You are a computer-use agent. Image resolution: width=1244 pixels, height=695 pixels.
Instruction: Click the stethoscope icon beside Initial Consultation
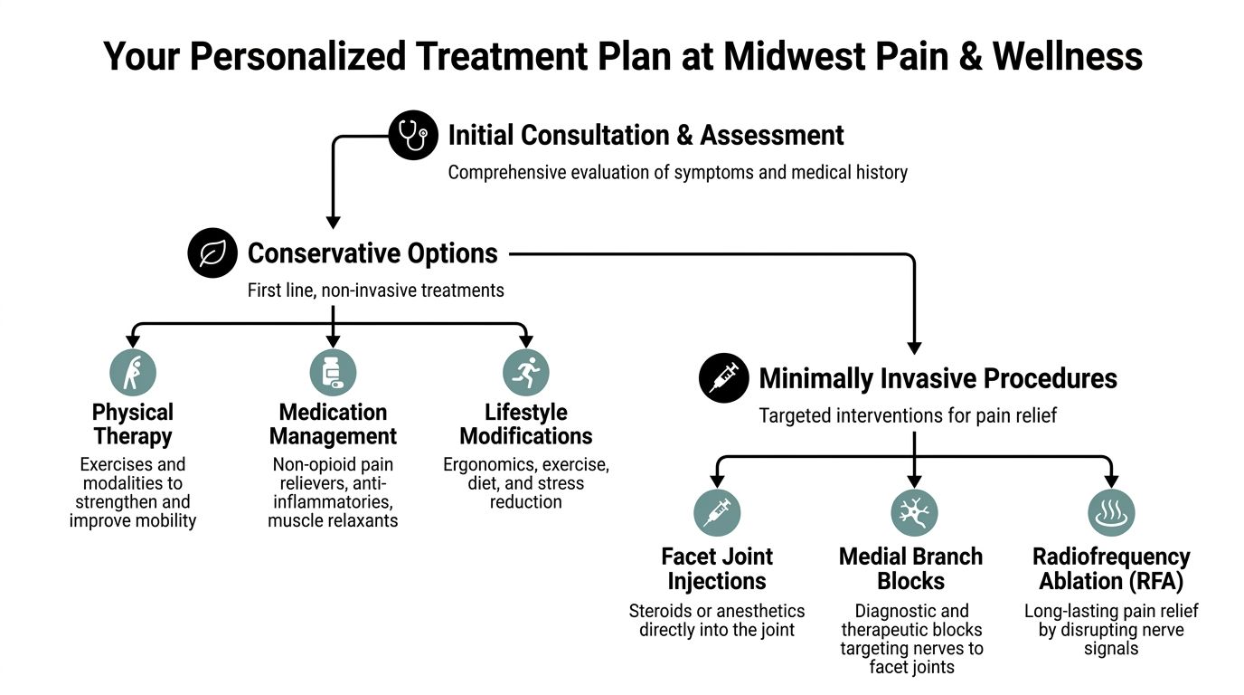coord(413,136)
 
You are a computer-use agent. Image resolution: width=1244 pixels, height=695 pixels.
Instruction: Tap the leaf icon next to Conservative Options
coord(212,253)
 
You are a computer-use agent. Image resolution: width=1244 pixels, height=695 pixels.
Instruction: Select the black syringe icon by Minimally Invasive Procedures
coord(724,377)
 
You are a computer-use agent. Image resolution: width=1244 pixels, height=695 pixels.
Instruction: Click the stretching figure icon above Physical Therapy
coord(133,372)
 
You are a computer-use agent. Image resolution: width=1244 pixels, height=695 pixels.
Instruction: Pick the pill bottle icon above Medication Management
coord(333,372)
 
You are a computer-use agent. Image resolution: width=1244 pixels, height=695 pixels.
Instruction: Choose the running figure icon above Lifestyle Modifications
coord(526,372)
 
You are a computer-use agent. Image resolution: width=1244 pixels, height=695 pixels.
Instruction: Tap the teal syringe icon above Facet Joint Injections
coord(717,513)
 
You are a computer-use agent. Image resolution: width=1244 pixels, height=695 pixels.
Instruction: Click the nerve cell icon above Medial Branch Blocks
coord(914,513)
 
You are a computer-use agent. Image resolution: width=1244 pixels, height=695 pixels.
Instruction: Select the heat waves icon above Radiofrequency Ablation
coord(1111,513)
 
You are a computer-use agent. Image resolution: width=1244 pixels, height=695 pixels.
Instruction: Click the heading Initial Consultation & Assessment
coord(646,136)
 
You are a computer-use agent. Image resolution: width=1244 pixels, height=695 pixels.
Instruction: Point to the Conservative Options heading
coord(372,253)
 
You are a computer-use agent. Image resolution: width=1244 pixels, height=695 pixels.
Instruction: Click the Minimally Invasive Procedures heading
coord(938,378)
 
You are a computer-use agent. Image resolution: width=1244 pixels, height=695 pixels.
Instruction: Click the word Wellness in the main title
coord(1067,56)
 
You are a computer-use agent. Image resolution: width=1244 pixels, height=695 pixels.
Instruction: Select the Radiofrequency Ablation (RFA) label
coord(1111,568)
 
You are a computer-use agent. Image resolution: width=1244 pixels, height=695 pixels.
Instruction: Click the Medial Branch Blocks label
coord(911,568)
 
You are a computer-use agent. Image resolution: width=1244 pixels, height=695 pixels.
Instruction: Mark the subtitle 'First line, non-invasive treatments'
coord(375,290)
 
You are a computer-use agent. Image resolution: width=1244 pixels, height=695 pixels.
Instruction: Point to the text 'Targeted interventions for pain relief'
coord(908,415)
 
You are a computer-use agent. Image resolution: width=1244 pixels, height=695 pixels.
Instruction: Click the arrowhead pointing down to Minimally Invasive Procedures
coord(914,347)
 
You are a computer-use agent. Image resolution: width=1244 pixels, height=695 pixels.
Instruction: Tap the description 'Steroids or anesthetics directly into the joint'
coord(717,620)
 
